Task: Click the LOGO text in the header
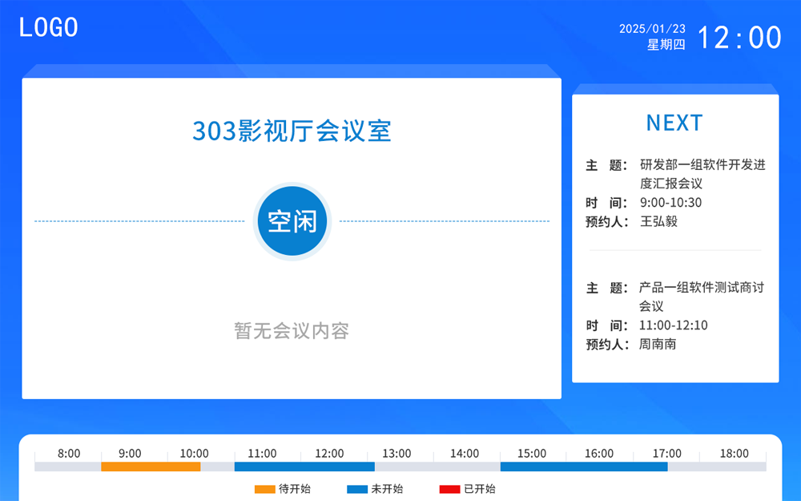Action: [49, 27]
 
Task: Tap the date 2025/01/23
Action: [652, 29]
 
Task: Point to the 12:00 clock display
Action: [739, 38]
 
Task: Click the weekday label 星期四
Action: [666, 45]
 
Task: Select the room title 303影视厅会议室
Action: [292, 130]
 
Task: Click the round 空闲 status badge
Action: [292, 221]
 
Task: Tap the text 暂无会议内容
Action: [292, 330]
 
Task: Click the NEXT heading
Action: [674, 123]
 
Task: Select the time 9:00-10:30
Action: [670, 203]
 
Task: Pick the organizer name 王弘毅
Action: [658, 221]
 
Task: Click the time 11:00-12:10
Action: [674, 325]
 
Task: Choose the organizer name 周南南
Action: [658, 344]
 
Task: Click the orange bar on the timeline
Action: [151, 467]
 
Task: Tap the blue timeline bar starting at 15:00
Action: [584, 467]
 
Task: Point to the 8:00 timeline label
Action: [69, 454]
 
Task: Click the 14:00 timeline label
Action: [465, 454]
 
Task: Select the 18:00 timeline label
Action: [734, 454]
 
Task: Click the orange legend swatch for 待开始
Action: [264, 489]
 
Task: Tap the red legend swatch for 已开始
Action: [449, 489]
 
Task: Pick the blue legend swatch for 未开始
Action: [356, 489]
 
